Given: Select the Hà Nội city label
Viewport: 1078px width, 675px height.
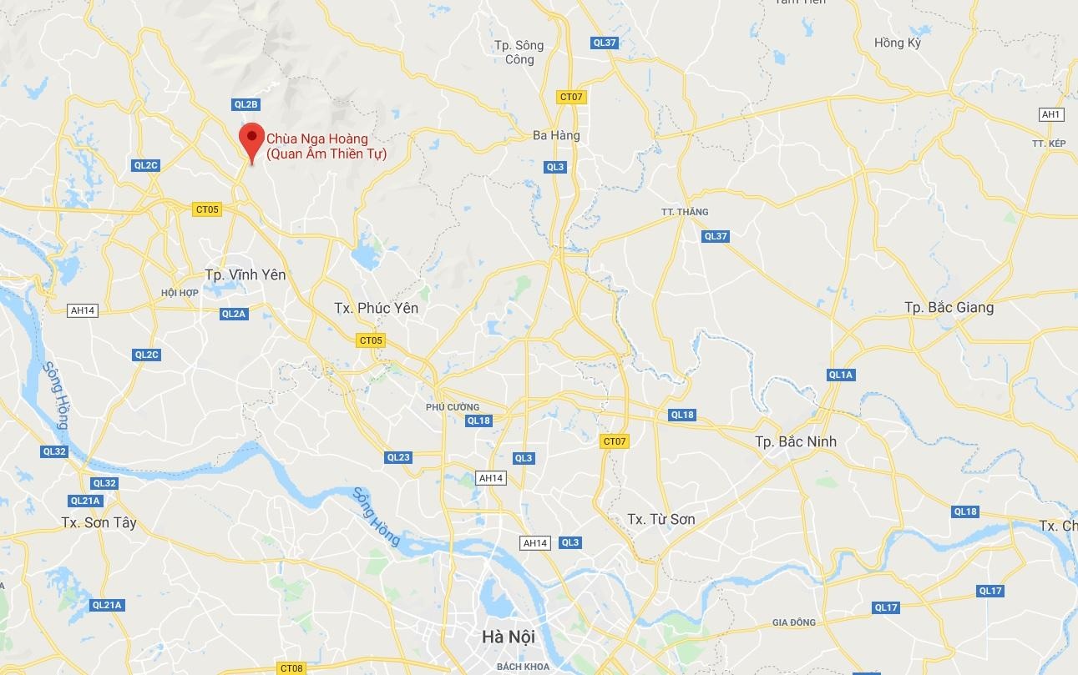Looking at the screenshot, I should click(x=508, y=637).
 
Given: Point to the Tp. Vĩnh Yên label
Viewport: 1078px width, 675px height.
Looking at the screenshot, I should click(x=245, y=275).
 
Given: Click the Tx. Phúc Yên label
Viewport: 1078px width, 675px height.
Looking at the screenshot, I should click(x=376, y=308).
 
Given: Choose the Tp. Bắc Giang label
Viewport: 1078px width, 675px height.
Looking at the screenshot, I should click(x=949, y=308).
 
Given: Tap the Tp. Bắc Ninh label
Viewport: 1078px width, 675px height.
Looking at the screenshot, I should click(x=795, y=441).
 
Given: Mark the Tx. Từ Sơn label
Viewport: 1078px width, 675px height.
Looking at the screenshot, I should click(x=660, y=519).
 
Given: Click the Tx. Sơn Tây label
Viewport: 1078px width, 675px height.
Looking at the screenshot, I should click(x=99, y=523).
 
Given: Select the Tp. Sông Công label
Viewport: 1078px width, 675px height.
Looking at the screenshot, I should click(x=519, y=52).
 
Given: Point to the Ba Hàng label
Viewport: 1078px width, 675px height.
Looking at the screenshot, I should click(x=556, y=135).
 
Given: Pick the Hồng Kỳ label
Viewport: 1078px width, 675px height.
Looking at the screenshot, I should click(x=897, y=43).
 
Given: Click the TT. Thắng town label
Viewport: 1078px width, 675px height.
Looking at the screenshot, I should click(x=685, y=212).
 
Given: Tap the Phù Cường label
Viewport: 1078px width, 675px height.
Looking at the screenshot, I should click(x=452, y=407).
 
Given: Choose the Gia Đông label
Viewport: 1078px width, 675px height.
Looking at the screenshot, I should click(x=793, y=622).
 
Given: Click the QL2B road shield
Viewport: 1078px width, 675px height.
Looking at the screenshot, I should click(x=246, y=104).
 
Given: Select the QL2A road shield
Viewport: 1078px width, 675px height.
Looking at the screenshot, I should click(x=234, y=314).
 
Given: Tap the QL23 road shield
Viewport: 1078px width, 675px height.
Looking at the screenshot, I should click(x=398, y=457).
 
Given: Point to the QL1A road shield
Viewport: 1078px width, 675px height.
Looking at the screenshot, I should click(x=840, y=375).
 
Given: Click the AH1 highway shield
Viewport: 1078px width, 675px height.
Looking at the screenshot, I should click(x=1050, y=114).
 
